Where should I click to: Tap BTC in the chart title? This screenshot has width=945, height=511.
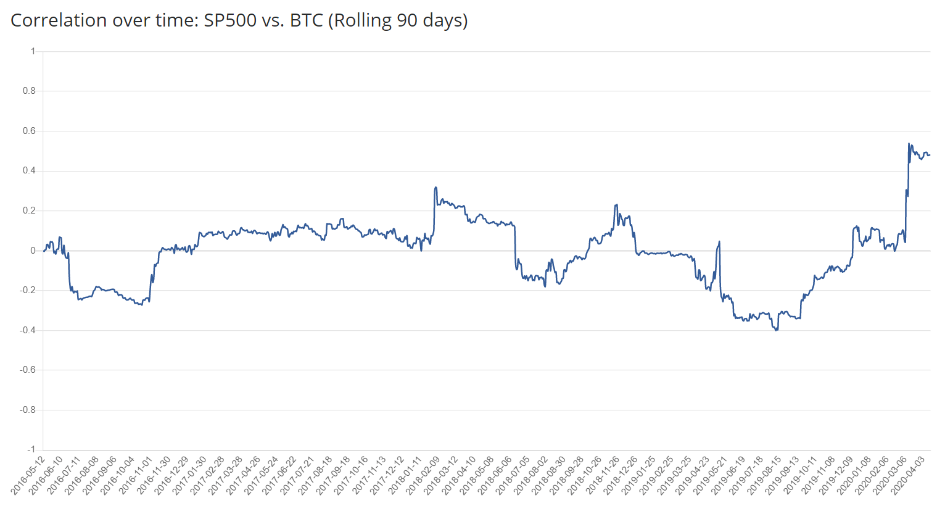pos(306,20)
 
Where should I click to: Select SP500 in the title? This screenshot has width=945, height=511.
pos(230,20)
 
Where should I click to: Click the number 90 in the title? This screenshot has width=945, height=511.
pos(406,20)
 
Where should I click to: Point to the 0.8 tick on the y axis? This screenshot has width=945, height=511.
pos(29,91)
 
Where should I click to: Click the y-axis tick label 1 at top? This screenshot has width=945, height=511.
pos(33,51)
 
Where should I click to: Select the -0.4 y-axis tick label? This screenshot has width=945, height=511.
pos(28,330)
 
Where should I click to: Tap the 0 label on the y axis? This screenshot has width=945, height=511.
pos(33,251)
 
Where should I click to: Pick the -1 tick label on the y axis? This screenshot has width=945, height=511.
pos(31,449)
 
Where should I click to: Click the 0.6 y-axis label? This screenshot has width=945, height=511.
pos(29,131)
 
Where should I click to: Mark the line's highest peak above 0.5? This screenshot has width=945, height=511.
pos(909,144)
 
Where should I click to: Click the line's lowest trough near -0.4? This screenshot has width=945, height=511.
pos(777,330)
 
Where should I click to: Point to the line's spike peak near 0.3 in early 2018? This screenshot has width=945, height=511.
pos(436,188)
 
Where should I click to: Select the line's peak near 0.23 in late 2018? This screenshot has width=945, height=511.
pos(616,205)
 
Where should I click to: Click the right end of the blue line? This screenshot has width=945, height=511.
pos(930,154)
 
